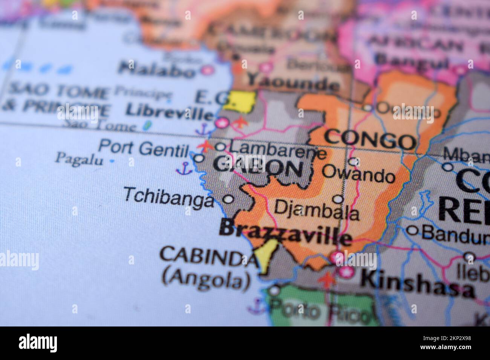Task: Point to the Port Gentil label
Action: [143, 148]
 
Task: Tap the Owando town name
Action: [358, 174]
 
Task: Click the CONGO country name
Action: [370, 140]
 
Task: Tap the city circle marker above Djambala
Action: [338, 199]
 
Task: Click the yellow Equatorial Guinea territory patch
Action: [239, 100]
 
